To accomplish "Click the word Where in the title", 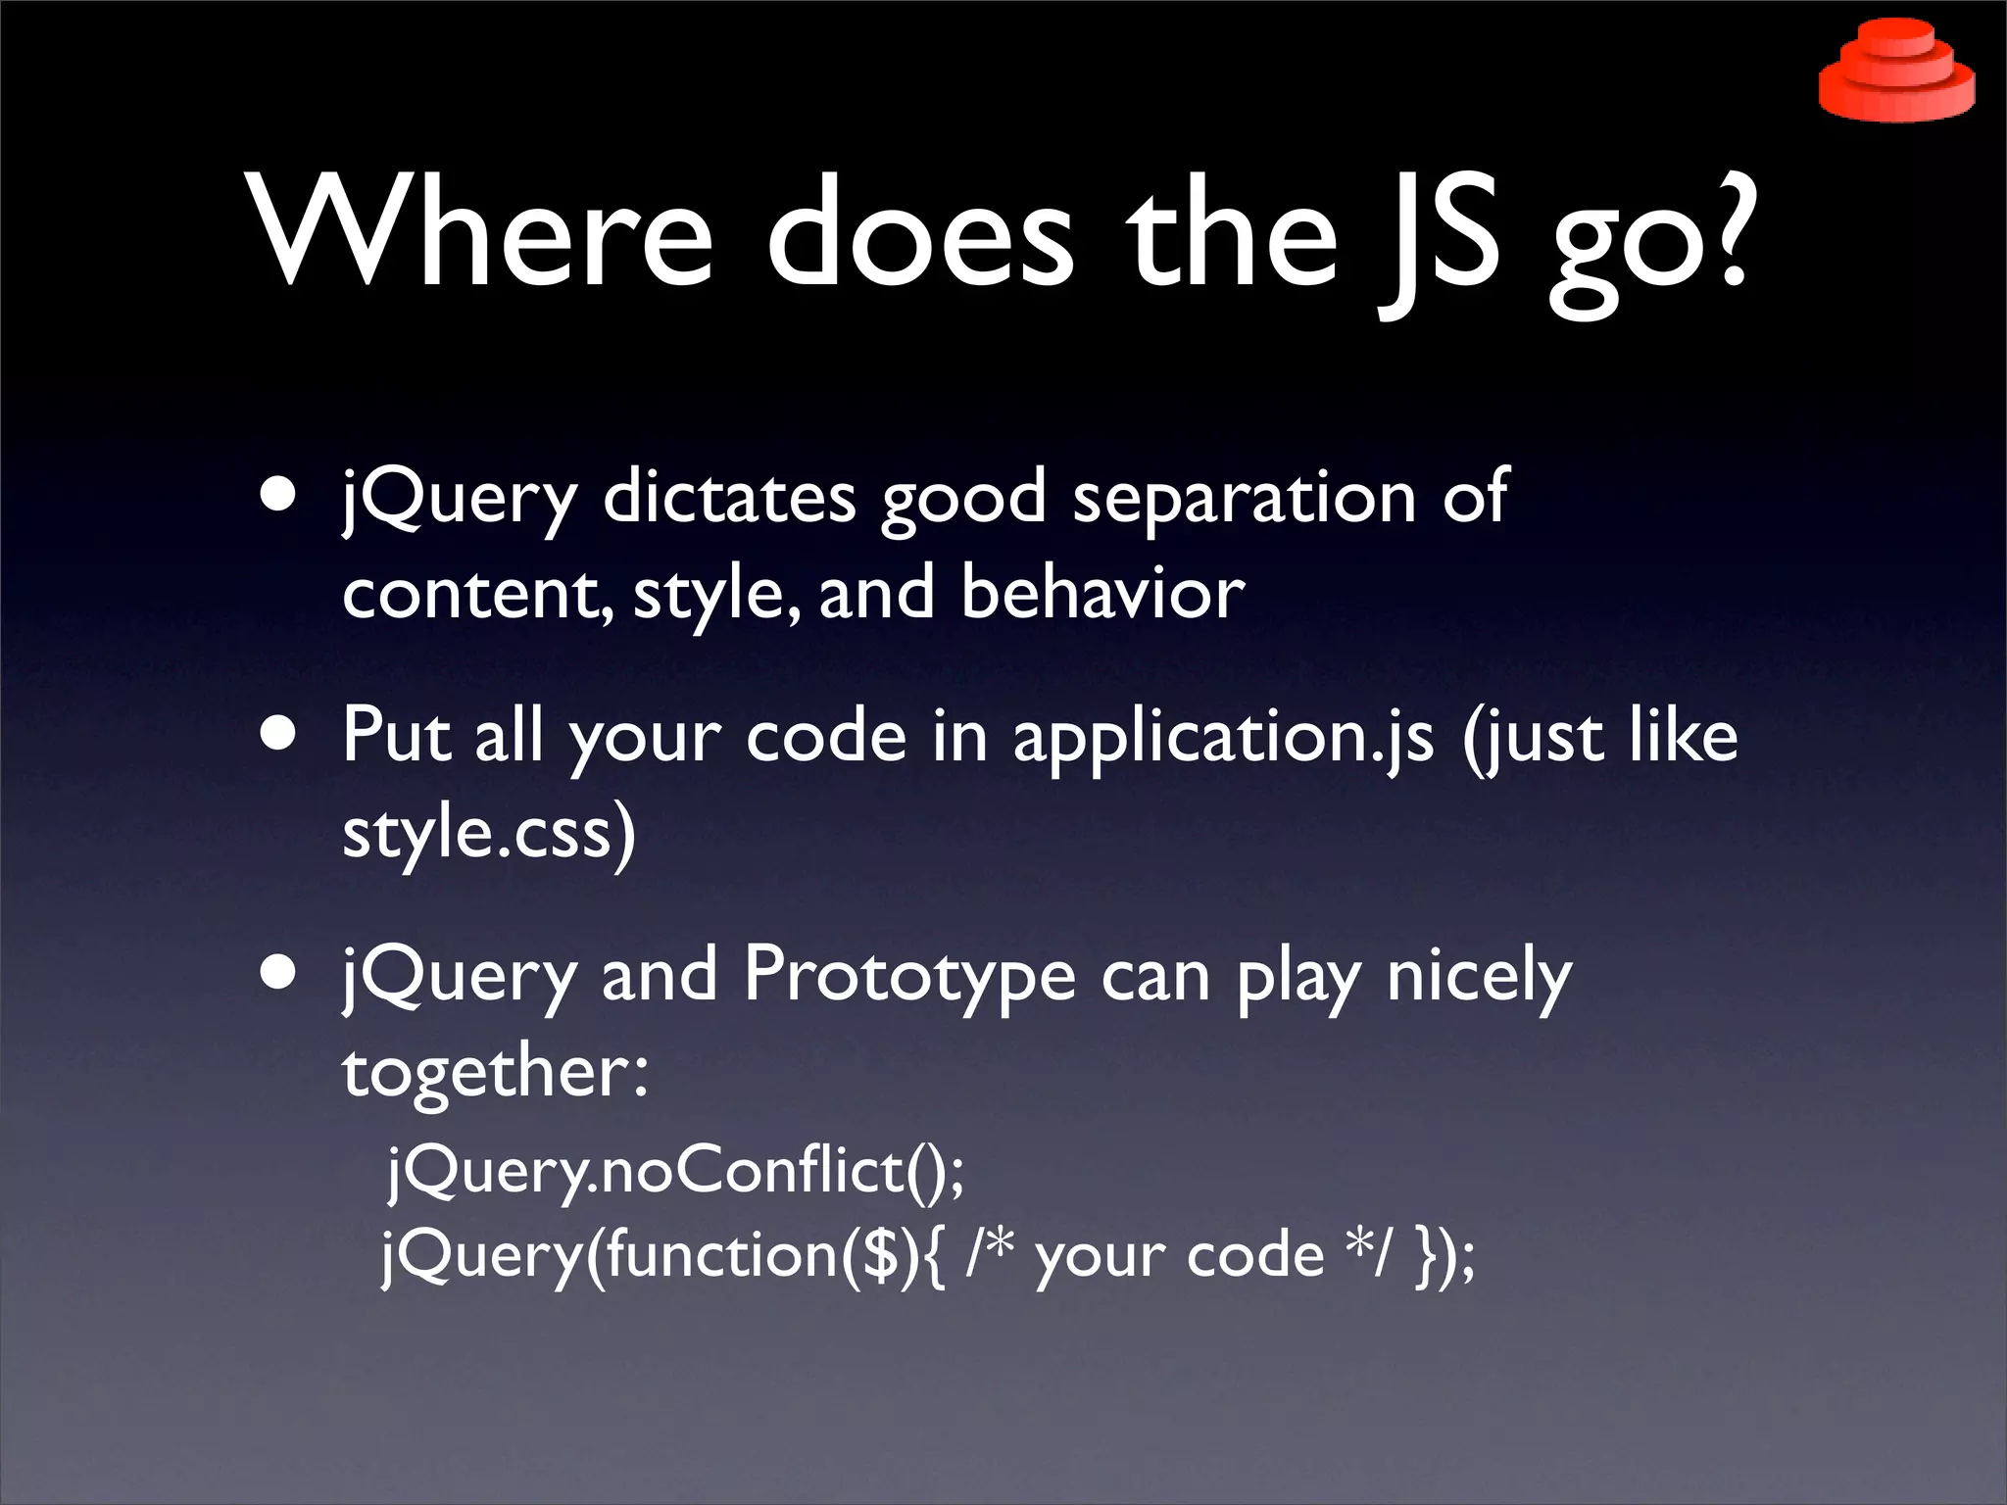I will tap(480, 233).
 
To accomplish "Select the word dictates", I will tap(729, 497).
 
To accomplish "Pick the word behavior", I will tap(1102, 593).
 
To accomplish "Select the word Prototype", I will tap(909, 975).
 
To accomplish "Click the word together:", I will tap(495, 1071).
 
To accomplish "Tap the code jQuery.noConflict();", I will tap(676, 1171).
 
